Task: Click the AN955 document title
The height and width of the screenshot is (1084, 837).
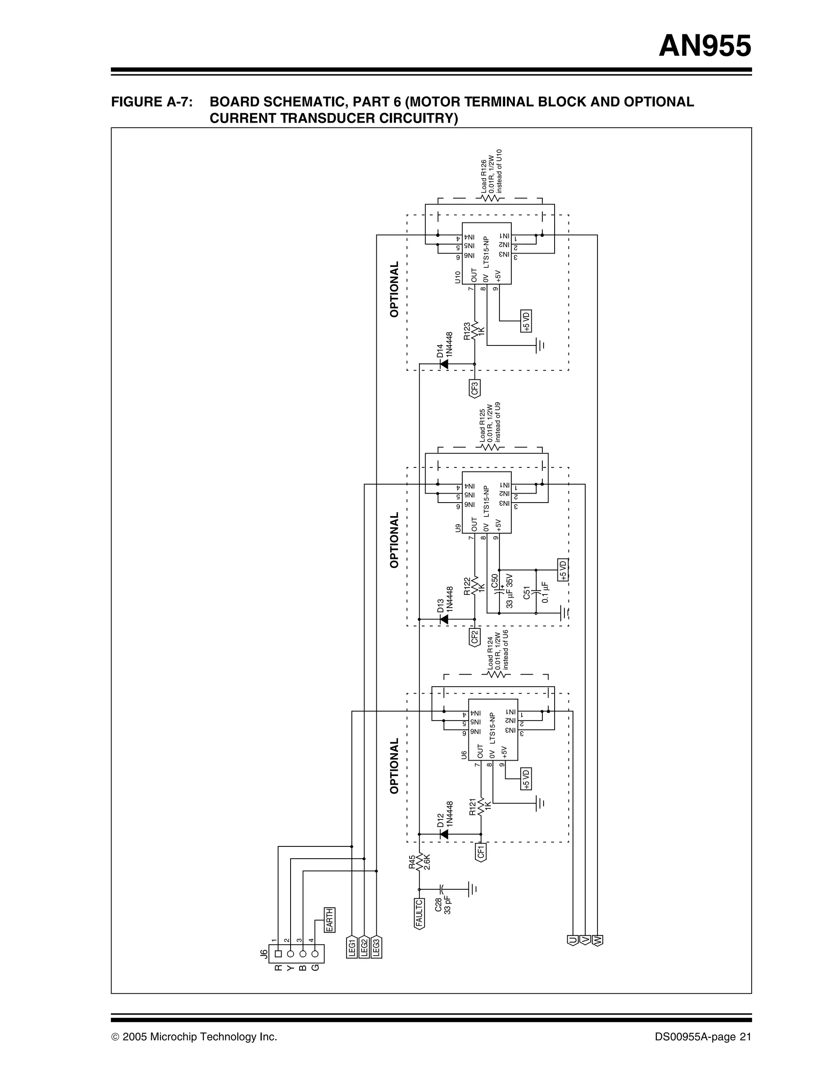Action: coord(705,47)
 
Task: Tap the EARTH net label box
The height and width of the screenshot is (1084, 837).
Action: coord(329,920)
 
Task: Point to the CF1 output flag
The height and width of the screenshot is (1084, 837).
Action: coord(481,852)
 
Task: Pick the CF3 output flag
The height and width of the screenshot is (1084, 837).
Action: coord(475,388)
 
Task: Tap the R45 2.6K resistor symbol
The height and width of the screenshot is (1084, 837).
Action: coord(419,863)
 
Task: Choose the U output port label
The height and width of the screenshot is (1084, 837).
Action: coord(573,940)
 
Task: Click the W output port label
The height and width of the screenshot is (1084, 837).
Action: coord(598,940)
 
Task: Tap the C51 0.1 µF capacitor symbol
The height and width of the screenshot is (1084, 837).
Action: coord(536,592)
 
